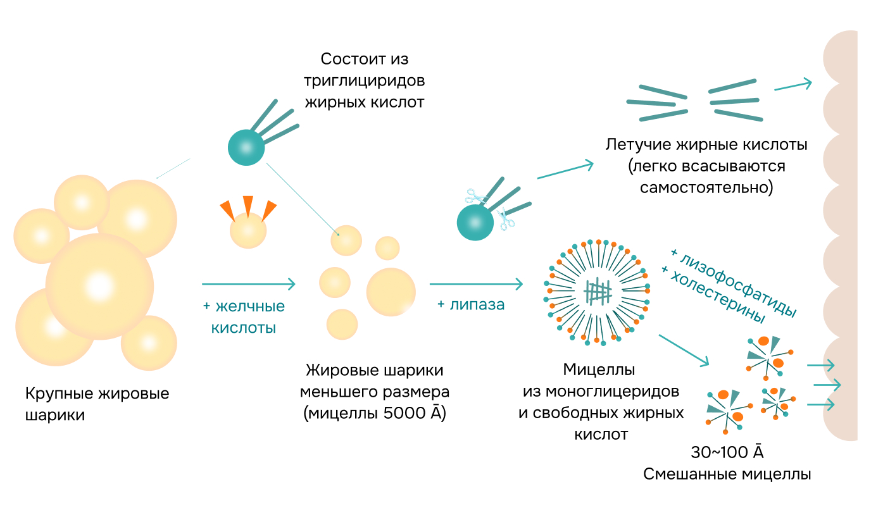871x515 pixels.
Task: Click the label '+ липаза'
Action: click(x=470, y=304)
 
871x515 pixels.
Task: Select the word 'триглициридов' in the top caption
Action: click(x=364, y=80)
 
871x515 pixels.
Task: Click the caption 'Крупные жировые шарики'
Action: click(x=97, y=404)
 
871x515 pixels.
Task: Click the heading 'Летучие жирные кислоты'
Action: click(x=706, y=144)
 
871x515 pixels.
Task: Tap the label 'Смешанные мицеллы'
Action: click(x=727, y=474)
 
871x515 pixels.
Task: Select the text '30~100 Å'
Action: click(x=727, y=452)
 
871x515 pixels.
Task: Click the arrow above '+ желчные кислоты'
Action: click(x=248, y=283)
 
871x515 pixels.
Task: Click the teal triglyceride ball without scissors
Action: click(x=246, y=147)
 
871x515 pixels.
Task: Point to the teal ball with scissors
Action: click(x=475, y=222)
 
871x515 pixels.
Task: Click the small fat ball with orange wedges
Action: click(x=248, y=229)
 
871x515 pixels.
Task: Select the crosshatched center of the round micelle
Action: click(x=598, y=291)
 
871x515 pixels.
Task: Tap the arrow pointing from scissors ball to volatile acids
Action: click(x=565, y=171)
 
